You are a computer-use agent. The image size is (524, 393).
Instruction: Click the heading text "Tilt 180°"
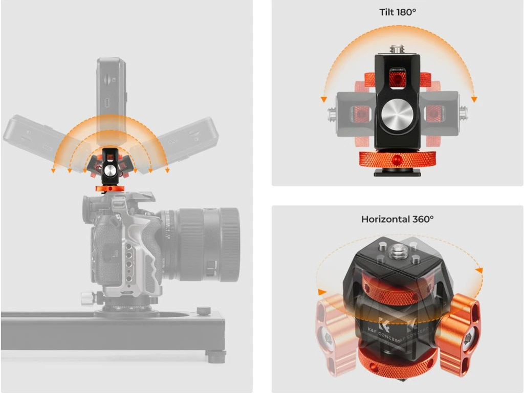coord(398,12)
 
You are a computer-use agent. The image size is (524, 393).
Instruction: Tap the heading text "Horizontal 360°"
coord(397,219)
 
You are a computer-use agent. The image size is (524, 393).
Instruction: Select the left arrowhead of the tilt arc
coord(323,99)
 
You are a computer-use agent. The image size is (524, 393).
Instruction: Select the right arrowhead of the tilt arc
coord(474,99)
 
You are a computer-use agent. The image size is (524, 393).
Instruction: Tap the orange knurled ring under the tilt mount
coord(397,159)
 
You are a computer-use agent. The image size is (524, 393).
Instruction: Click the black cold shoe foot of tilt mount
coord(397,172)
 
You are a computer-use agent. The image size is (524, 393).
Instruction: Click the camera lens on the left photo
coord(201,244)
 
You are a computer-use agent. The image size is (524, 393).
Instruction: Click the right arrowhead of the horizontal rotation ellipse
coord(479,270)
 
